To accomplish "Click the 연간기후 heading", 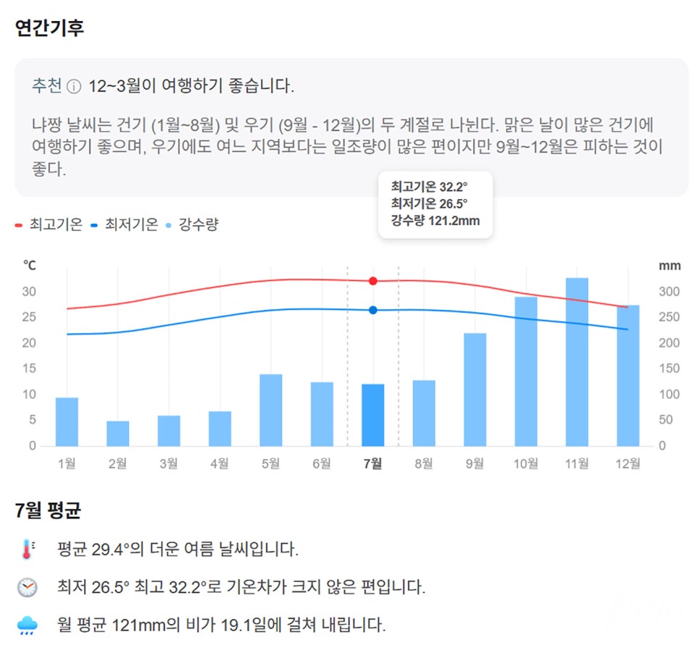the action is (49, 28).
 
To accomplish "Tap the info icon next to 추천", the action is (74, 86).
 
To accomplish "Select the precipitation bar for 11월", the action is (577, 362).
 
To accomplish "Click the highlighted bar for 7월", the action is (372, 415).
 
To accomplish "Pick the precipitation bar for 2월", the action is (118, 434).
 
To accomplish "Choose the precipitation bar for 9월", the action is (475, 389).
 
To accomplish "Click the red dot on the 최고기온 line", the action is (372, 281).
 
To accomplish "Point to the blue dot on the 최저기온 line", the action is (372, 310).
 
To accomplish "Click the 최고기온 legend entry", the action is (49, 224).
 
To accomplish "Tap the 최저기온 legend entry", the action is (124, 224).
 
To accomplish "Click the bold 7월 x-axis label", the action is (372, 464).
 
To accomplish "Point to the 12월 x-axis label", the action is (628, 464).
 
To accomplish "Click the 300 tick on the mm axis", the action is (669, 292).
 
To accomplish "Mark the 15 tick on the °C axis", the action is (29, 368).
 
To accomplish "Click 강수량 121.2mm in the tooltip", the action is (436, 221).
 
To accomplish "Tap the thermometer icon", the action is (28, 549).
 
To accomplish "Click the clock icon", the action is (28, 587).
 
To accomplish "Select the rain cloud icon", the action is (28, 625).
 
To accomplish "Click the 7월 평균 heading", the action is (48, 510).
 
